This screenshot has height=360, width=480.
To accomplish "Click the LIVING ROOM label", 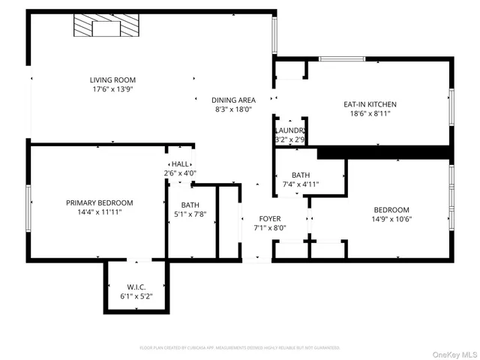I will (x=113, y=79).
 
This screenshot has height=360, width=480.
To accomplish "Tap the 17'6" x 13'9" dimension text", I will (x=113, y=89).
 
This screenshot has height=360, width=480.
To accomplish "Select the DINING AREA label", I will (x=233, y=100).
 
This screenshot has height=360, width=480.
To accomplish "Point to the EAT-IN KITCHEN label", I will (x=370, y=104).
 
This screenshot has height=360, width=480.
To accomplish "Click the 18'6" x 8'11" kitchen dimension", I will (x=370, y=114).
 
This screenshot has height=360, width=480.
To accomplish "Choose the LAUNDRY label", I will (x=289, y=130).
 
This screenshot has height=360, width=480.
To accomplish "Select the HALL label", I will (x=180, y=163).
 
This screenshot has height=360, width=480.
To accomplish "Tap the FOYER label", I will (x=270, y=218).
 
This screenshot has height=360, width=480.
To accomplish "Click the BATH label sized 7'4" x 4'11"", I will (x=301, y=175).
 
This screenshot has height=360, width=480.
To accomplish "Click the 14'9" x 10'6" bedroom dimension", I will (x=391, y=219).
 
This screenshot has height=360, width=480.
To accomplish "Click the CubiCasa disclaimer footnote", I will (x=240, y=348).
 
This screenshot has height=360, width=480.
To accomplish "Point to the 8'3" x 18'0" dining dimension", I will (x=233, y=109).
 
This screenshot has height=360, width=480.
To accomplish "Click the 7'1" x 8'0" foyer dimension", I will (x=270, y=227).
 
